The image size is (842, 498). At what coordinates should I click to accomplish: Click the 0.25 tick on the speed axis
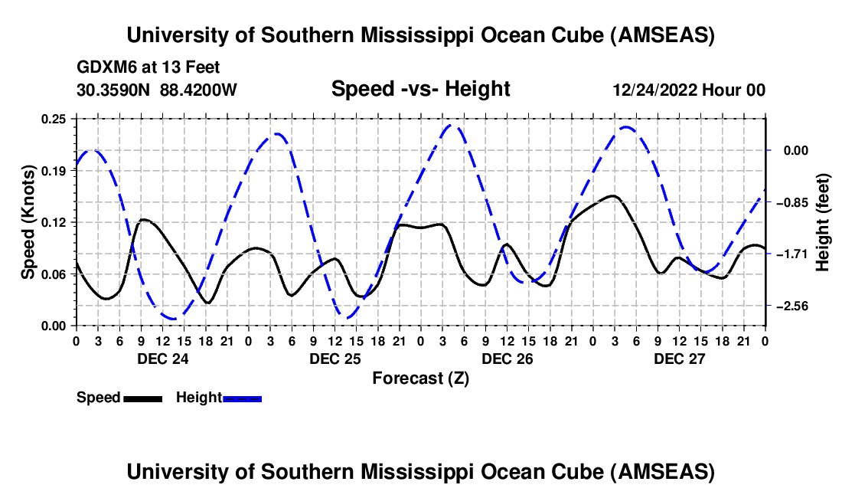point(55,119)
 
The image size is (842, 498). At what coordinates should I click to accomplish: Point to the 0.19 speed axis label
point(55,171)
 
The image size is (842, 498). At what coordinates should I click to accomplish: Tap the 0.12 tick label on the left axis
point(55,222)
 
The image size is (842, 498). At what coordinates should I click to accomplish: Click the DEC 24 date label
point(162,359)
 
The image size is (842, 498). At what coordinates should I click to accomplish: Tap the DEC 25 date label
point(335,359)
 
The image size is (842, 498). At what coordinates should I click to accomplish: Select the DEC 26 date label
point(507,359)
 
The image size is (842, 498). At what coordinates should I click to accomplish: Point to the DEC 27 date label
point(679,359)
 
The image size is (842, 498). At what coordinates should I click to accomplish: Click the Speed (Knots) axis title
point(28,221)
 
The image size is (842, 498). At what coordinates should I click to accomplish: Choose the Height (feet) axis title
point(822,221)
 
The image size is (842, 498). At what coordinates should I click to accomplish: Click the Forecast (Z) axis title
point(420,378)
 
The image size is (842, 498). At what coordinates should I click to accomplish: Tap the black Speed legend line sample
point(143,398)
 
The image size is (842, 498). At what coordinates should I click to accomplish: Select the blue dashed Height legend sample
point(243,398)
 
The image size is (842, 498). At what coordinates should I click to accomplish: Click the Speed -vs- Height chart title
point(420,89)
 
